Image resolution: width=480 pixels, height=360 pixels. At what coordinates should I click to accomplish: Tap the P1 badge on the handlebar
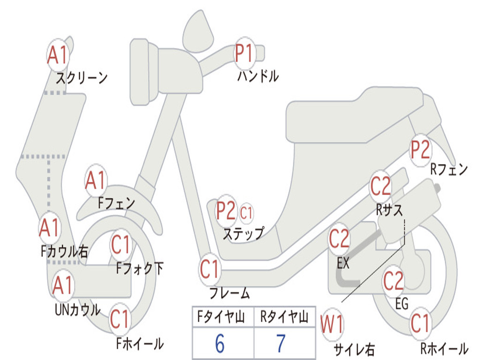(x=244, y=53)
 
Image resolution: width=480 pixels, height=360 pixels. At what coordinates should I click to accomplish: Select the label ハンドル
(x=257, y=76)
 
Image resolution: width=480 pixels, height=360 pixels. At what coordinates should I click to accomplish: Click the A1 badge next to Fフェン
(x=96, y=180)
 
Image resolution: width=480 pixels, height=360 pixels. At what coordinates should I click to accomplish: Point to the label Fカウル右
(x=64, y=251)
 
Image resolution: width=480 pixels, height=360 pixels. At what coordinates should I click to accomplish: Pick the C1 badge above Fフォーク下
(x=121, y=244)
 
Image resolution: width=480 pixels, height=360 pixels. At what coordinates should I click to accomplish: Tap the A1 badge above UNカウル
(x=63, y=285)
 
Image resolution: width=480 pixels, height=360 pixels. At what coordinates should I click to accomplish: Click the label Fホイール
(x=139, y=344)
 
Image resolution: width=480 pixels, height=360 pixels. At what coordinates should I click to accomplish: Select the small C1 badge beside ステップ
(x=246, y=213)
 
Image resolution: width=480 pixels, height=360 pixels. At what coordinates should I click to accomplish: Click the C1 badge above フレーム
(x=210, y=269)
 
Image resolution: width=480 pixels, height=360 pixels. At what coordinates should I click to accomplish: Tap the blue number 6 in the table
(x=220, y=344)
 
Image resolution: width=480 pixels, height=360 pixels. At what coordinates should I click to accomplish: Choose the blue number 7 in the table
(x=281, y=344)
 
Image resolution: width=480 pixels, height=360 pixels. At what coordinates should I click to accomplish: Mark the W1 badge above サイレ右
(x=332, y=324)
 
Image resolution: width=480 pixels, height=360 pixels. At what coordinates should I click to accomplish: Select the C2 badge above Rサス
(x=381, y=187)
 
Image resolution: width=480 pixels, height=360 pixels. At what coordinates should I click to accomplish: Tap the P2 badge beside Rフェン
(x=420, y=150)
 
